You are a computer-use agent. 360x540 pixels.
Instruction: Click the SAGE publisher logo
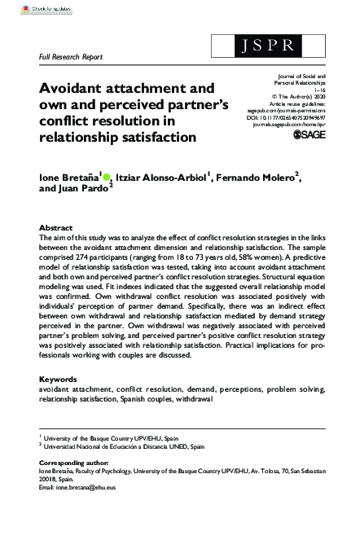click(307, 134)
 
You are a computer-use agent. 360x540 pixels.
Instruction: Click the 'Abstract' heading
click(57, 227)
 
